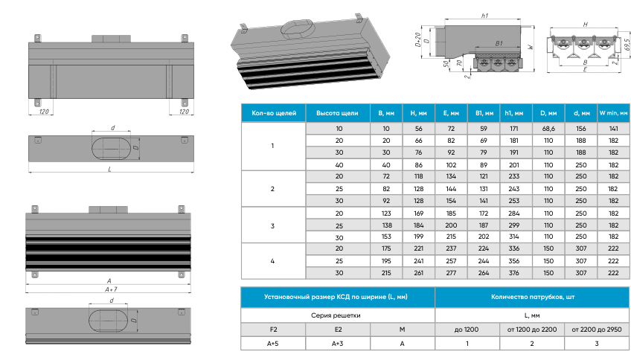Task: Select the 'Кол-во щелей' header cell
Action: (274, 113)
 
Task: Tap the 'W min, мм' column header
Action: (614, 113)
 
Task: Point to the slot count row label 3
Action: (273, 225)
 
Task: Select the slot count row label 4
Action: (273, 261)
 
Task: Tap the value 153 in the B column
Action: (385, 237)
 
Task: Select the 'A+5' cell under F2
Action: (273, 343)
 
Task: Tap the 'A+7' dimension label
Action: (112, 289)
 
